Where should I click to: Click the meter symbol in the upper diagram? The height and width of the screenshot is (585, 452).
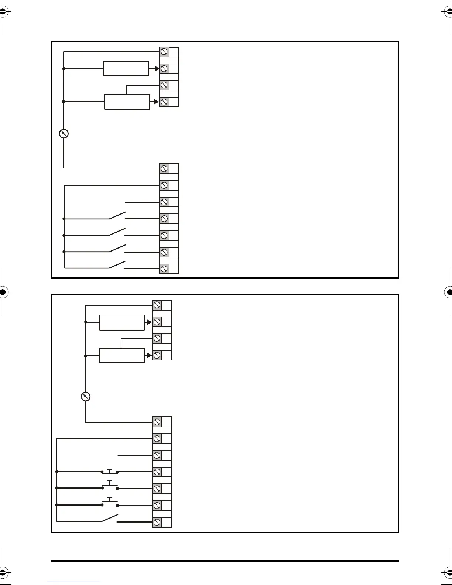point(64,134)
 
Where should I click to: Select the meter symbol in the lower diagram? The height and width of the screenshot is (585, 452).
point(85,397)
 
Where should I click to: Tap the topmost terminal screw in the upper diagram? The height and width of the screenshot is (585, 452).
point(164,52)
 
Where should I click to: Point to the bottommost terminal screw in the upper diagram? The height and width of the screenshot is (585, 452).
point(164,269)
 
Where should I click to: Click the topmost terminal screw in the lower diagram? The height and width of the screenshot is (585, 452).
point(157,305)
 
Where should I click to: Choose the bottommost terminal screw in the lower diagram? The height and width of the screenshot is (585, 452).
point(157,522)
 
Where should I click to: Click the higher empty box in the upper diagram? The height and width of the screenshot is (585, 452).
point(126,69)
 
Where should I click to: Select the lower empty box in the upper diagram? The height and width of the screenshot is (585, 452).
point(127,102)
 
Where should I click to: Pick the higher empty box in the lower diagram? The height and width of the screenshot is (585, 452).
point(122,322)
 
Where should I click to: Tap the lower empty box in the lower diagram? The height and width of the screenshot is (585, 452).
point(121,355)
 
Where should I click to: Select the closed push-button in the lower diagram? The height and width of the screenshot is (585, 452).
point(110,472)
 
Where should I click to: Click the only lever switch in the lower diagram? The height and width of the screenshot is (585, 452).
point(110,519)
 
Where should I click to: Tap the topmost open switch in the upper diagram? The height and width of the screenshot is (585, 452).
point(117,215)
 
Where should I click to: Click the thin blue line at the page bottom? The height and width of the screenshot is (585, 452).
point(73,582)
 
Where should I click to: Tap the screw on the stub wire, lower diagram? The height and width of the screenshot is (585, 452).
point(157,455)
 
